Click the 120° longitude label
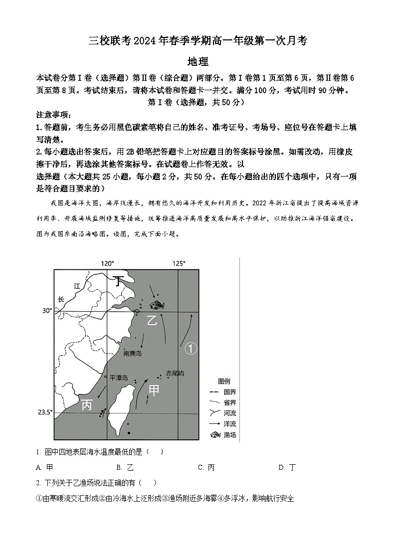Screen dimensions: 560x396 pos(107,263)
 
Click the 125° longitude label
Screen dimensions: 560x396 pos(179,263)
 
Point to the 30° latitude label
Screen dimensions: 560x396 pos(47,311)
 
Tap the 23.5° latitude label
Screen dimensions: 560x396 pos(45,412)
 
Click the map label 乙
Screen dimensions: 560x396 pos(152,320)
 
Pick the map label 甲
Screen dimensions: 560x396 pos(154,390)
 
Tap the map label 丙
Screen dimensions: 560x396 pos(87,405)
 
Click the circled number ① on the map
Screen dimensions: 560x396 pos(191,349)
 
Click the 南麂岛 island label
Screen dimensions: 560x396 pos(133,353)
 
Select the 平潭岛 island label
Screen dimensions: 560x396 pos(119,378)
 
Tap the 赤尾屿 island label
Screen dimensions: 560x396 pos(175,373)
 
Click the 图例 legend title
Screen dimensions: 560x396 pos(224,381)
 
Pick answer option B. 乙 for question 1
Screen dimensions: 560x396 pos(125,467)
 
